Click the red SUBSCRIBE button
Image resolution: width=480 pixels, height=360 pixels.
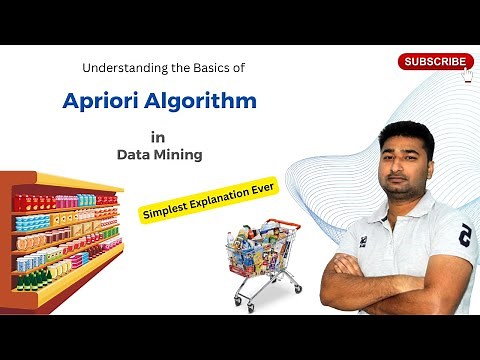pos(435,61)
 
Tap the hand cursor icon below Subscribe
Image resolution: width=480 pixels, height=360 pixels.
pos(467,76)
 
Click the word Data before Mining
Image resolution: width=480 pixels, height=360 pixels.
pos(133,155)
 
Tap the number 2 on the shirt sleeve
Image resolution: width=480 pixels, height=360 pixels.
pos(463,236)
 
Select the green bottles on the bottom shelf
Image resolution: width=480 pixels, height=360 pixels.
pos(30,279)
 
